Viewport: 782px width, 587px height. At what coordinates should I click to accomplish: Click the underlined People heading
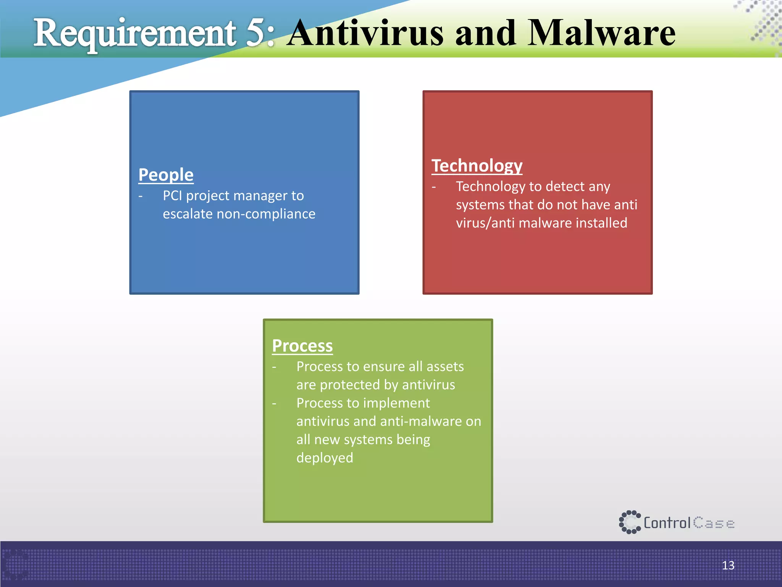166,175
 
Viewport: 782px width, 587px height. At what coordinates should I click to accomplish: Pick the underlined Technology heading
477,166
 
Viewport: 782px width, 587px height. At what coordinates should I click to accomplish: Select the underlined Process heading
302,346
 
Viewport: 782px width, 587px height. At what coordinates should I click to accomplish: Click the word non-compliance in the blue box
266,214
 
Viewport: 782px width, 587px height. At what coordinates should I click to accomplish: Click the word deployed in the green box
325,457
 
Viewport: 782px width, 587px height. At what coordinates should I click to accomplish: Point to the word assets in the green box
445,366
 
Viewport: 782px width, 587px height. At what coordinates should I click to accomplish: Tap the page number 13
728,565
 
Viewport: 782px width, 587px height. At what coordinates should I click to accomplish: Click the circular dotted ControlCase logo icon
629,522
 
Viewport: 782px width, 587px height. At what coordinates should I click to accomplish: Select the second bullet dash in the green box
274,404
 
